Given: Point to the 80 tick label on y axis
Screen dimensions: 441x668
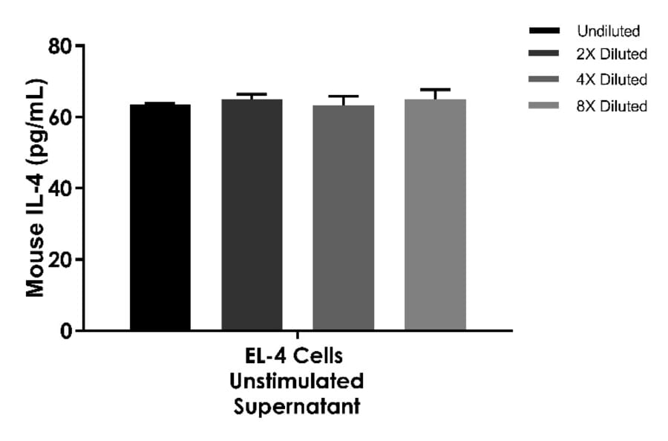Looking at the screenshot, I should pyautogui.click(x=62, y=47).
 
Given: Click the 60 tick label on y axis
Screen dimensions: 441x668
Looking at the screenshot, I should pyautogui.click(x=62, y=118).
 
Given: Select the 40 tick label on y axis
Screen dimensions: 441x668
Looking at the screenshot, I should pyautogui.click(x=62, y=189).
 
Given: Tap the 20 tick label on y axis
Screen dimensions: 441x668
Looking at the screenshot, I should pyautogui.click(x=62, y=260).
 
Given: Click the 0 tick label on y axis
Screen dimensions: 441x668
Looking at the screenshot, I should pyautogui.click(x=68, y=331).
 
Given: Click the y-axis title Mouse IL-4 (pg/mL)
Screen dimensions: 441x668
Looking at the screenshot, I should pyautogui.click(x=36, y=188).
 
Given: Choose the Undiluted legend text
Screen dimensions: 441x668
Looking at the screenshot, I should pyautogui.click(x=608, y=31).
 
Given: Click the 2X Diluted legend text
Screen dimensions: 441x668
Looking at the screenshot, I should pyautogui.click(x=612, y=54).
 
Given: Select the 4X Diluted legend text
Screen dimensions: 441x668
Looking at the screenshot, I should pyautogui.click(x=612, y=79).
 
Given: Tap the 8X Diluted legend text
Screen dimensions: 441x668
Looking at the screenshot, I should pyautogui.click(x=612, y=106).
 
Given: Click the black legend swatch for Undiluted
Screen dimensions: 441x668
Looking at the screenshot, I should pyautogui.click(x=544, y=31).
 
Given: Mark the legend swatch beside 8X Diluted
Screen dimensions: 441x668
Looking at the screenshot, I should pyautogui.click(x=544, y=106).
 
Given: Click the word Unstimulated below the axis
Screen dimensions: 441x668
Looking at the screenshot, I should pyautogui.click(x=297, y=382).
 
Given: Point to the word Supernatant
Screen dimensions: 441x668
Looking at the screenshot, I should pyautogui.click(x=297, y=407).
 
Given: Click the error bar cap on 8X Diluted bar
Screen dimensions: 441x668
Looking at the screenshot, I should pyautogui.click(x=435, y=89).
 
